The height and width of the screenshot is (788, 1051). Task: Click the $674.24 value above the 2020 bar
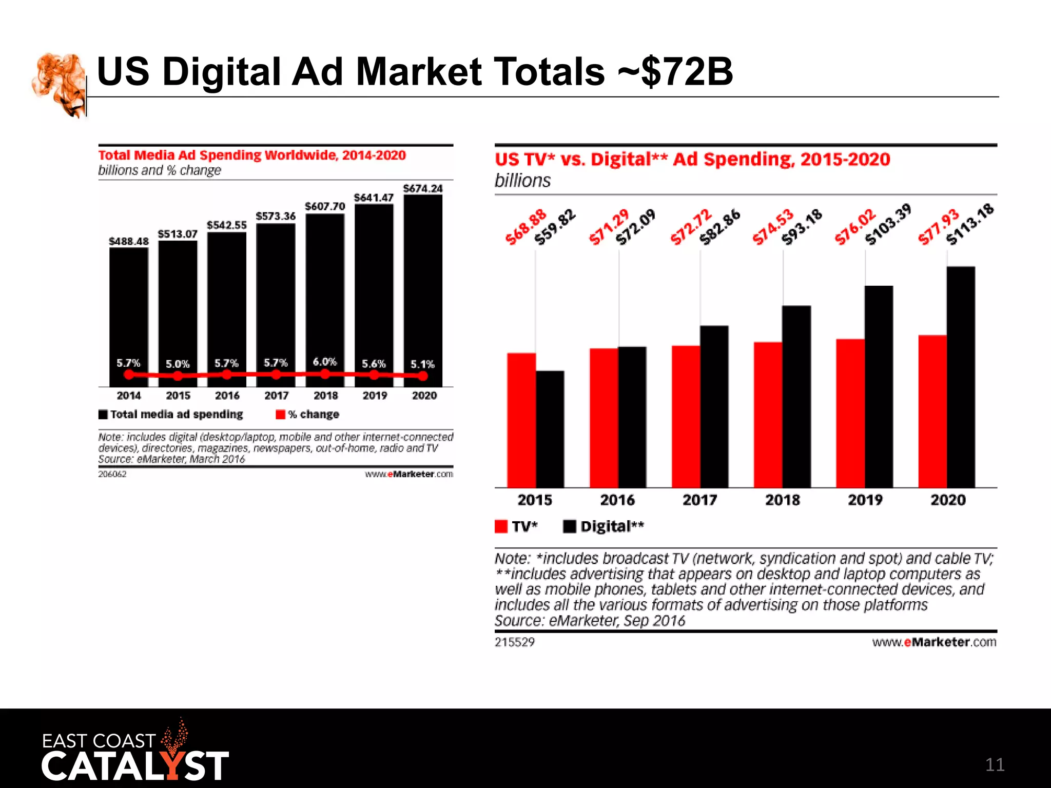[422, 188]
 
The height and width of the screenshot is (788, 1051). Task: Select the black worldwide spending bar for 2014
[128, 308]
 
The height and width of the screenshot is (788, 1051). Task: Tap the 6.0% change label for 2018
[324, 362]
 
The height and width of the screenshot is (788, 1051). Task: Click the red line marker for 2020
[422, 376]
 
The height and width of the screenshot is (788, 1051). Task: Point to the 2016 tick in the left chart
[227, 396]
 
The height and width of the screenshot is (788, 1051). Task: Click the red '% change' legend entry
[308, 414]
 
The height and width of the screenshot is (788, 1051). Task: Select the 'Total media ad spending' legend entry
[171, 414]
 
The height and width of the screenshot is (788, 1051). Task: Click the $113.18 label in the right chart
[969, 224]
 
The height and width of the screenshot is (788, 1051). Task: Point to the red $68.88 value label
[525, 227]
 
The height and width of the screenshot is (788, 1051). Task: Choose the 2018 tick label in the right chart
[782, 500]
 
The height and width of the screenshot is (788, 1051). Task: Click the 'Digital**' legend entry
[604, 526]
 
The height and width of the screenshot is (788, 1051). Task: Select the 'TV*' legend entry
[517, 526]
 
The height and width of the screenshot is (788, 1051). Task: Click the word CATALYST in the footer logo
[134, 766]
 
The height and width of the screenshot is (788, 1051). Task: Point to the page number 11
[994, 764]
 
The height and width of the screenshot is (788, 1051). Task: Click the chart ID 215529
[514, 642]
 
